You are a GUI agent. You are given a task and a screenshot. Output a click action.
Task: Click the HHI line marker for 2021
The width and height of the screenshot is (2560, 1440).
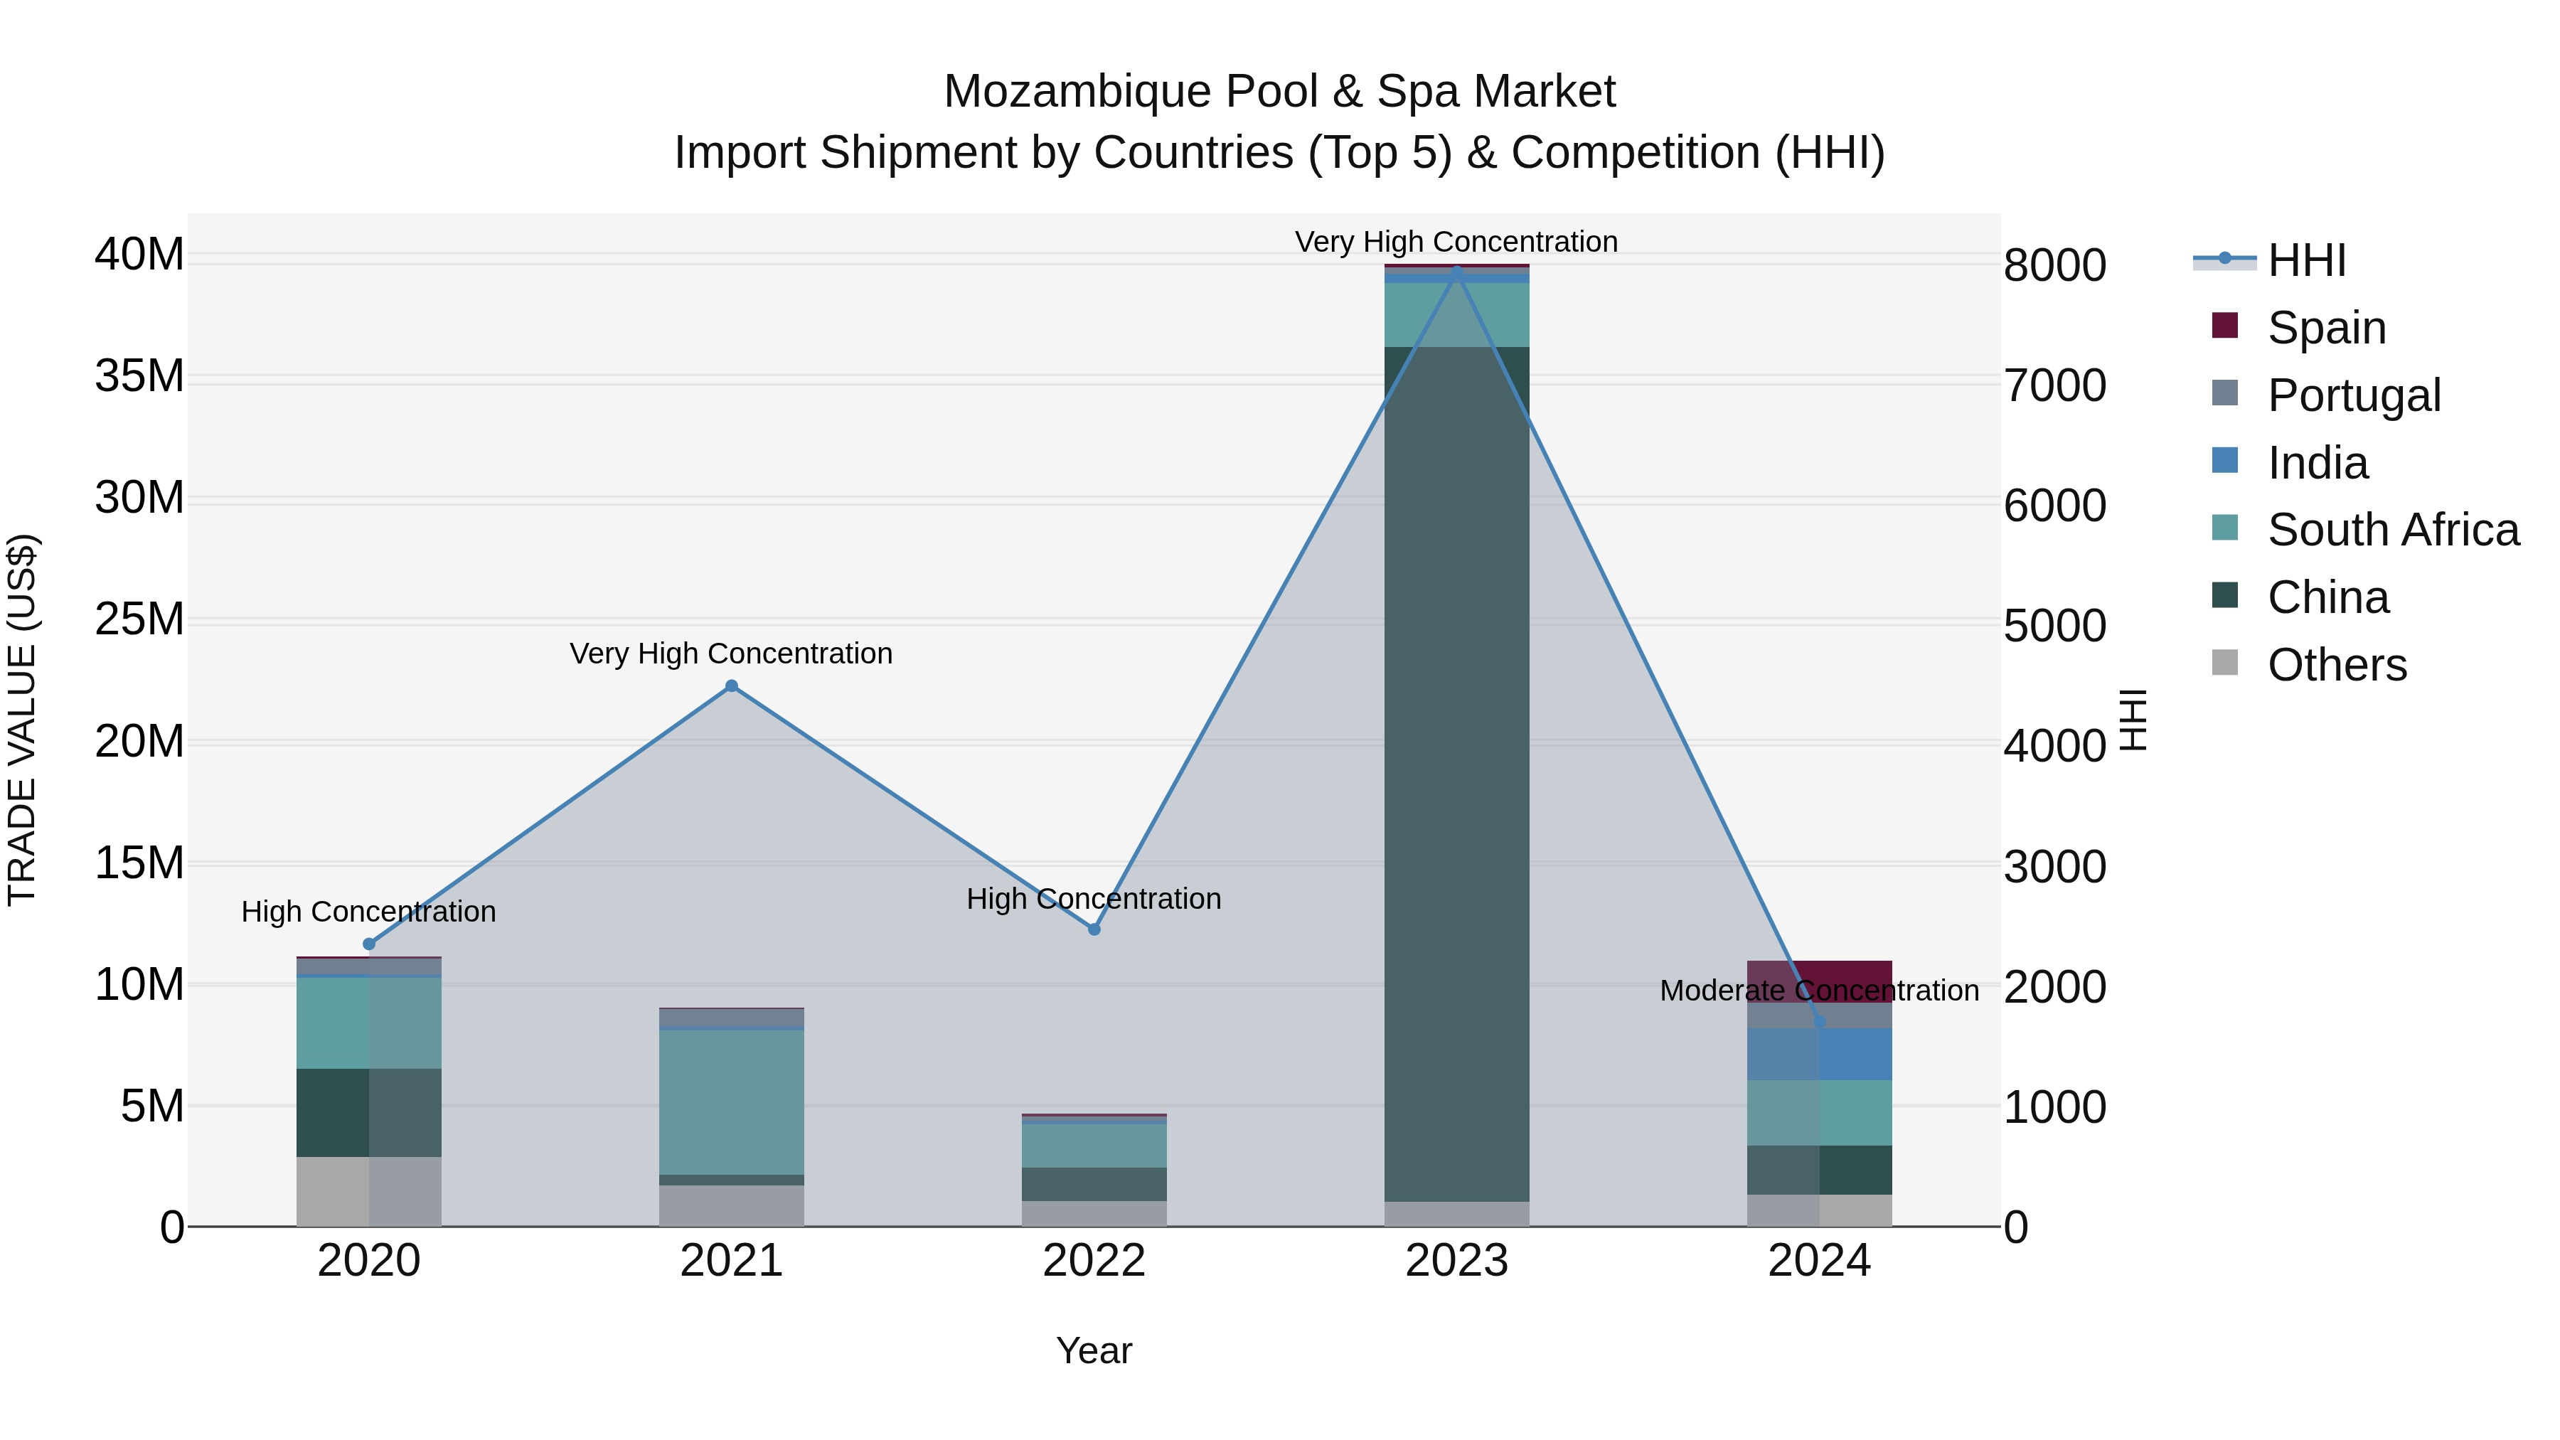coord(732,686)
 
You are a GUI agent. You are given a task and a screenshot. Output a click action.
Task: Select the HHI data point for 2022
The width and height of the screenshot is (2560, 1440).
coord(1094,929)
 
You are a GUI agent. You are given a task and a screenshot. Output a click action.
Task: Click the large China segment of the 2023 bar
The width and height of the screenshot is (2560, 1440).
coord(1457,775)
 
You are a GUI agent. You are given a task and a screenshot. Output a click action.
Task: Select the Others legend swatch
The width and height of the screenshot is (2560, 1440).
coord(2225,663)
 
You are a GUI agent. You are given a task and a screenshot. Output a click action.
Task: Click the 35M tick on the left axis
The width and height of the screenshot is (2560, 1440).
coord(139,377)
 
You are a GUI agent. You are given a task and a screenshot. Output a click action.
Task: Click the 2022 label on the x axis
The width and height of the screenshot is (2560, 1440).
coord(1094,1261)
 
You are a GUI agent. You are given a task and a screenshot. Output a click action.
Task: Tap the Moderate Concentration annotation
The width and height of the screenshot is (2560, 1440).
coord(1820,991)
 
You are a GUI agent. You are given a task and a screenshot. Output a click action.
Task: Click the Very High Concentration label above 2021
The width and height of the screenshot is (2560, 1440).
coord(732,654)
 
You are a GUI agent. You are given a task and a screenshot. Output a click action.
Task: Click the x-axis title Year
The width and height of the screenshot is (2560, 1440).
coord(1094,1350)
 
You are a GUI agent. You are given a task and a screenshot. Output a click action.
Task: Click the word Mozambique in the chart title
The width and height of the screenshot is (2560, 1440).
coord(1077,92)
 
